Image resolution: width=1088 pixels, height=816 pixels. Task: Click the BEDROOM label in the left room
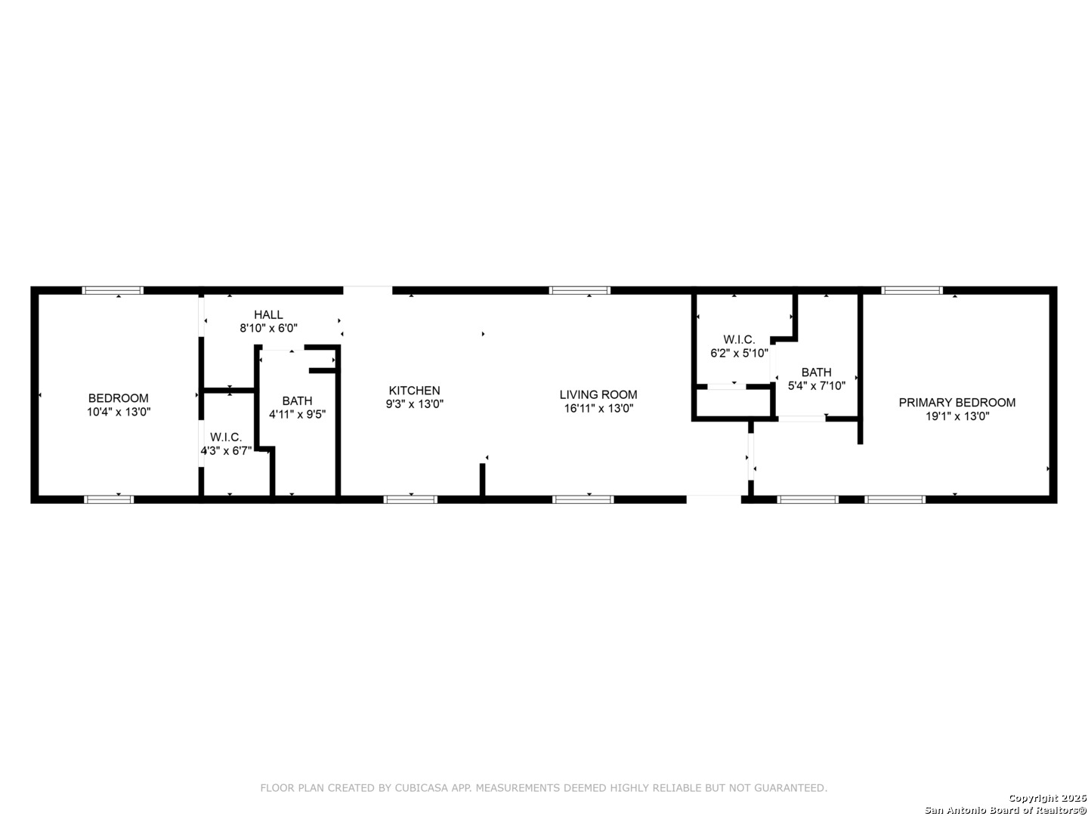pos(119,398)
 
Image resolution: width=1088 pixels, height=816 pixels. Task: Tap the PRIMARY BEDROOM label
pos(957,403)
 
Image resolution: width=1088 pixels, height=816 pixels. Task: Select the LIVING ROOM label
pos(598,394)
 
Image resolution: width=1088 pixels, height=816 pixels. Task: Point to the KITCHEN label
pos(414,391)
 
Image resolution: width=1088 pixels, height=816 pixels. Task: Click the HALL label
pos(268,315)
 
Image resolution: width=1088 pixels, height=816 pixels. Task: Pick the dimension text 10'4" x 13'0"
pos(119,412)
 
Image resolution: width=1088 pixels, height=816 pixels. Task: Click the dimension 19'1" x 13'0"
pos(957,416)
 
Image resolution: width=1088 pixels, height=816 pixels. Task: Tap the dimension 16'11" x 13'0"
pos(598,408)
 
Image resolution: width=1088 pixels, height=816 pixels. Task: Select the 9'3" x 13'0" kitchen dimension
pos(414,404)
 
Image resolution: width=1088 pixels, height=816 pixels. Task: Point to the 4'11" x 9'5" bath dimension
pos(297,414)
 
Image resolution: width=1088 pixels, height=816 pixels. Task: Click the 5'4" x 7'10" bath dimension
pos(816,385)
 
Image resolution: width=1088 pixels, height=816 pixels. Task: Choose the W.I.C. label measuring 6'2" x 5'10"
pos(738,340)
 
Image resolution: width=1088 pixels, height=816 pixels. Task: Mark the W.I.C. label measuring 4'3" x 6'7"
pos(226,437)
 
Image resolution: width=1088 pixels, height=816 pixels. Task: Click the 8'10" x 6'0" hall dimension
pos(268,329)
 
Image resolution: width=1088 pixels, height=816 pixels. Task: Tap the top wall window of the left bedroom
pos(113,290)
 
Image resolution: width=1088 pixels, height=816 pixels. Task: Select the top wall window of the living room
pos(580,290)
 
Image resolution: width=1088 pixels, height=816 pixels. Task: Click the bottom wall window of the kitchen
pos(410,499)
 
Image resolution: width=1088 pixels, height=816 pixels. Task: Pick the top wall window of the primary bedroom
pos(912,290)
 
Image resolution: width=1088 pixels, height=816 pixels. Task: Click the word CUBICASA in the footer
pos(423,788)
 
